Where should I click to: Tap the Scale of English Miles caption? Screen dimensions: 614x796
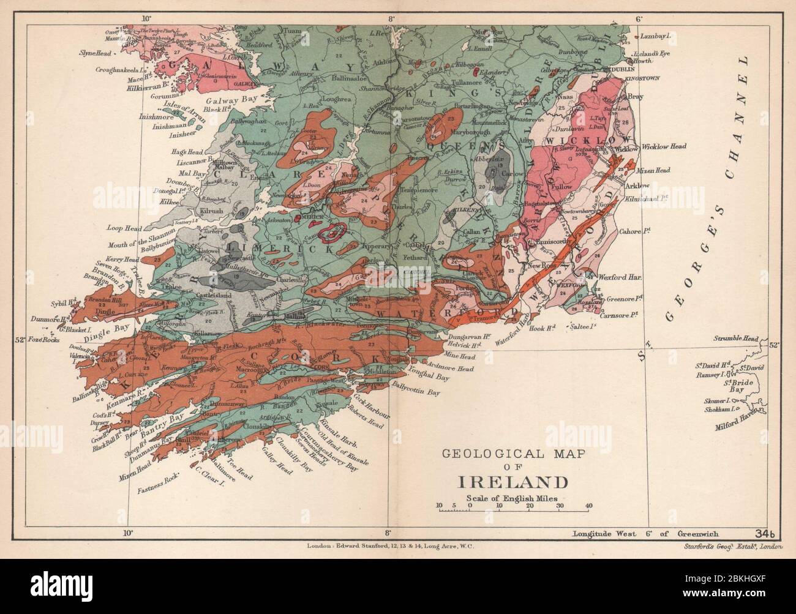tap(511, 498)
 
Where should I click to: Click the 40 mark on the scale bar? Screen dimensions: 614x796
tap(588, 506)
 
